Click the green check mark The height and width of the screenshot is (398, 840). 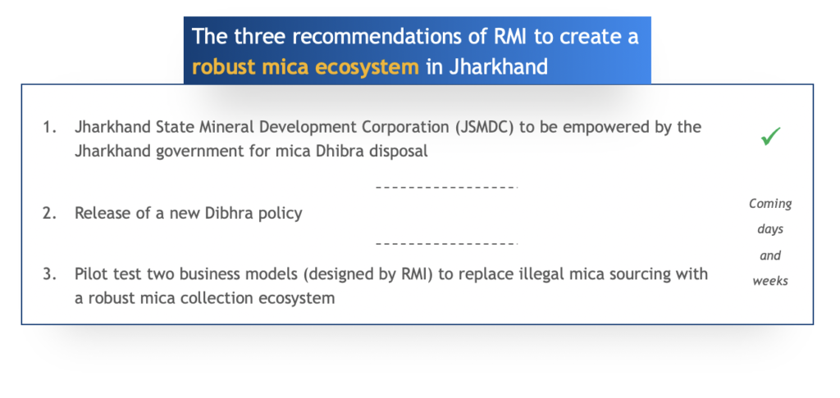pos(770,137)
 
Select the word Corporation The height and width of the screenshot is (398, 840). pos(404,128)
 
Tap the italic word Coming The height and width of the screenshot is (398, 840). pos(770,204)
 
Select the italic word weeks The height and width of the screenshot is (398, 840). pos(770,280)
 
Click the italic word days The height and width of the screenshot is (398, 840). pos(770,229)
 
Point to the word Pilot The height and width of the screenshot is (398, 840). pos(91,274)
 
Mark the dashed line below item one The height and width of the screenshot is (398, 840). pos(447,188)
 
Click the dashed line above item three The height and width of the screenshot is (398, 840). pos(447,243)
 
